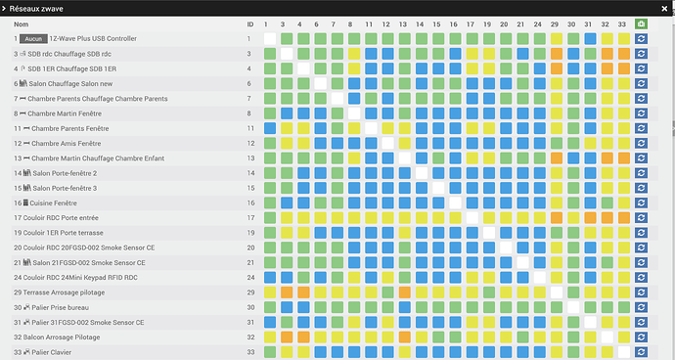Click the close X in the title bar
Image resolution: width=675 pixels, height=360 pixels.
click(x=664, y=9)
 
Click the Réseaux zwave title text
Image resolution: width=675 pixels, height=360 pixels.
click(x=36, y=9)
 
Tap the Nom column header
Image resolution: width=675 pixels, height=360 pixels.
click(x=22, y=24)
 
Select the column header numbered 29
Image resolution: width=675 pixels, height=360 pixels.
click(x=555, y=24)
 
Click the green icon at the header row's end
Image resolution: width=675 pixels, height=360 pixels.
click(x=641, y=24)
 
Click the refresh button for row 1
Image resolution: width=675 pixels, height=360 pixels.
click(x=641, y=39)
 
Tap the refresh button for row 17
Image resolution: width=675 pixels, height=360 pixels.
click(x=641, y=218)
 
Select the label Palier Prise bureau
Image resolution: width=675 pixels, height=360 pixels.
click(x=61, y=307)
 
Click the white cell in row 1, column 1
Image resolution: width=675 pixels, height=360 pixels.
click(x=270, y=39)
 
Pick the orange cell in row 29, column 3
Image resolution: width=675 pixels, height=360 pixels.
click(x=287, y=292)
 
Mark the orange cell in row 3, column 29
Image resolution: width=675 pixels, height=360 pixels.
click(x=557, y=54)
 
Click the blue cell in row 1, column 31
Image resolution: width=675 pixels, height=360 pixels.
click(x=590, y=39)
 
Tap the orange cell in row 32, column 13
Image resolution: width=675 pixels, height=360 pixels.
click(x=405, y=337)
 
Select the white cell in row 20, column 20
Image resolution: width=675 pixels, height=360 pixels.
click(x=506, y=247)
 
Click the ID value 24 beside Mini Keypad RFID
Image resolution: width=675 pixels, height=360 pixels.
click(x=250, y=278)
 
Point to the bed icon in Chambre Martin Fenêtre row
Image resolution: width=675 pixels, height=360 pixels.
click(x=22, y=113)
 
